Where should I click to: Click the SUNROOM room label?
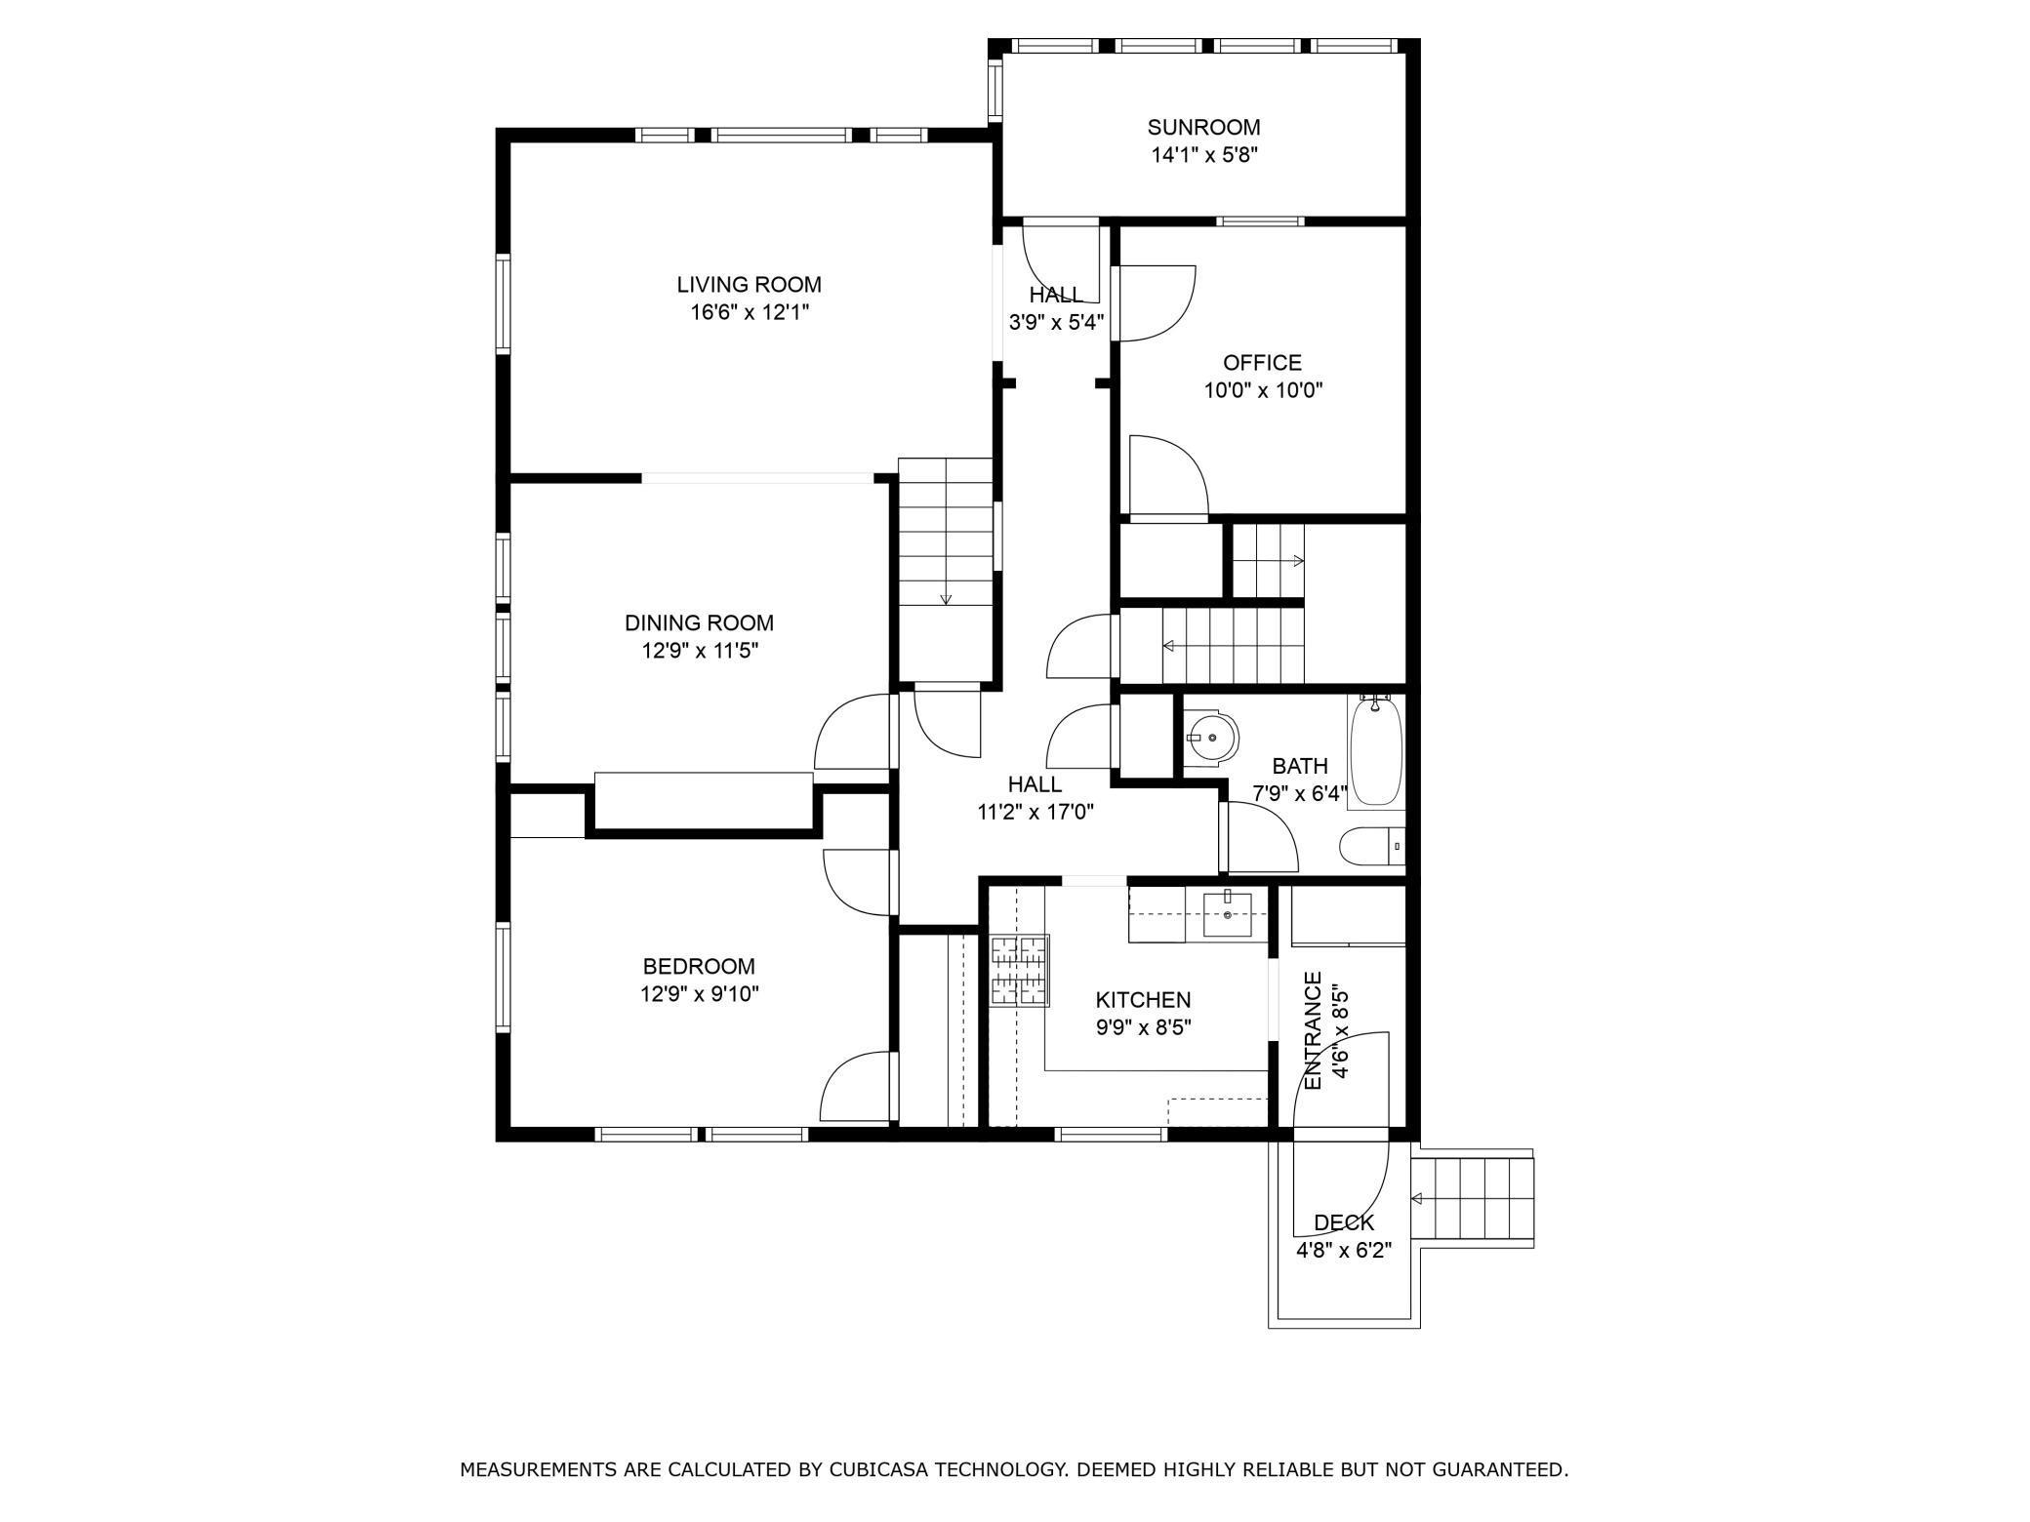pos(1203,127)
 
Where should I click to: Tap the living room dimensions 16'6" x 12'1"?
pos(750,312)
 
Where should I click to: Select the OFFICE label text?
pos(1262,363)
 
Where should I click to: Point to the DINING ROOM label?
pos(699,622)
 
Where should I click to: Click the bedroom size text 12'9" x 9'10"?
pos(699,994)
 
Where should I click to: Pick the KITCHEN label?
pos(1143,1000)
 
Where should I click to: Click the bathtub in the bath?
pos(1376,751)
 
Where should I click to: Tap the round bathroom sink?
pos(1214,738)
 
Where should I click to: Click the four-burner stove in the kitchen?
pos(1021,971)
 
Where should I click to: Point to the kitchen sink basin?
pos(1227,914)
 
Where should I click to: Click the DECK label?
pos(1344,1223)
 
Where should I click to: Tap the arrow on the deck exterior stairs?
pos(1417,1199)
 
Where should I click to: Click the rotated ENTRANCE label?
pos(1314,1030)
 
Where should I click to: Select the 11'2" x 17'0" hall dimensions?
pos(1035,811)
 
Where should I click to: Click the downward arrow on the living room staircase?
pos(946,597)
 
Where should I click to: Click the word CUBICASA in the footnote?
pos(878,1469)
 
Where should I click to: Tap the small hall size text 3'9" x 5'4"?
pos(1055,322)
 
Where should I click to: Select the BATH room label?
pos(1299,766)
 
